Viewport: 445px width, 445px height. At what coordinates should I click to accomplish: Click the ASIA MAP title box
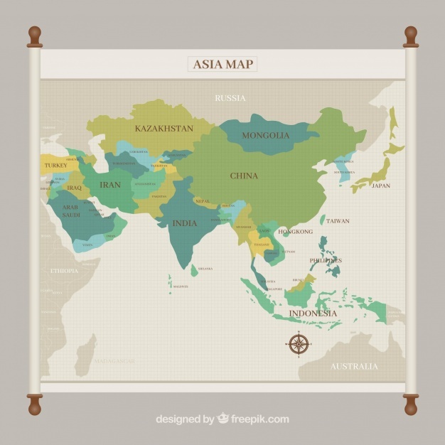pyautogui.click(x=222, y=64)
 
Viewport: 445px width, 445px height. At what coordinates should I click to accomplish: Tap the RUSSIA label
pyautogui.click(x=230, y=98)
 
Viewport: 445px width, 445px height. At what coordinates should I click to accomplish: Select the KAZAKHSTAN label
pyautogui.click(x=164, y=129)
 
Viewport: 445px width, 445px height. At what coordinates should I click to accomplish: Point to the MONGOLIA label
pyautogui.click(x=266, y=135)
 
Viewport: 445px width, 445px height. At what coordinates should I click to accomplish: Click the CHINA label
pyautogui.click(x=244, y=176)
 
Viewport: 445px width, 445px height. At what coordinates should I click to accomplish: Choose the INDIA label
pyautogui.click(x=185, y=223)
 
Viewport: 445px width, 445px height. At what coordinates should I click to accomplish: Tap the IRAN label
pyautogui.click(x=110, y=185)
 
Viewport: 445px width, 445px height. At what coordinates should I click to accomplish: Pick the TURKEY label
pyautogui.click(x=56, y=166)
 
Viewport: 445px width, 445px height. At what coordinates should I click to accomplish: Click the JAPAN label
pyautogui.click(x=381, y=186)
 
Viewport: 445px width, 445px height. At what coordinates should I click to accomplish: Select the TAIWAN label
pyautogui.click(x=338, y=221)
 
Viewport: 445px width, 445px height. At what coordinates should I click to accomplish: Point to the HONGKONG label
pyautogui.click(x=295, y=232)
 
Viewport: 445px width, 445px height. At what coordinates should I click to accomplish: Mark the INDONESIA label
pyautogui.click(x=313, y=313)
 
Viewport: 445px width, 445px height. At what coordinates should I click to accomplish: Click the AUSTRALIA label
pyautogui.click(x=354, y=366)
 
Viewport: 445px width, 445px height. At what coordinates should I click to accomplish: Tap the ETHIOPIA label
pyautogui.click(x=64, y=271)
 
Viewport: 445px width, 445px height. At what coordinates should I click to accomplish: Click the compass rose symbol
pyautogui.click(x=299, y=345)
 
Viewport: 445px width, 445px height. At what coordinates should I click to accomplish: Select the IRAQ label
pyautogui.click(x=75, y=188)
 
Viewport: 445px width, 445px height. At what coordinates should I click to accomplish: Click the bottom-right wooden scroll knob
pyautogui.click(x=411, y=406)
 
